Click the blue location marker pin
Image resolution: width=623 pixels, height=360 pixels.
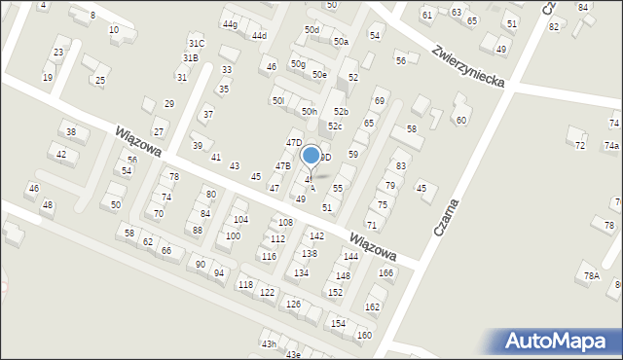pos(311,156)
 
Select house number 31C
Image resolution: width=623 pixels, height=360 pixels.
pos(196,44)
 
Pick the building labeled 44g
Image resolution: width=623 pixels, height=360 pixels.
pos(229,24)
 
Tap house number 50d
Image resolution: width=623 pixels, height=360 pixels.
pos(311,30)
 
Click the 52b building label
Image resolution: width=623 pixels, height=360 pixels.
pos(341,112)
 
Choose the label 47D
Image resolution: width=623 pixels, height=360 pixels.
pos(293,143)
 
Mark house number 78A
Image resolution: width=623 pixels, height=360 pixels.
pos(591,276)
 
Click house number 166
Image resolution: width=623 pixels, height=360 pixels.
pos(385,273)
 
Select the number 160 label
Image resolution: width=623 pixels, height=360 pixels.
pos(364,336)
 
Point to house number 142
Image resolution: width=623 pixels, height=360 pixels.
pos(316,236)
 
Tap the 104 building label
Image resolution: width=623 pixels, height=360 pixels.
pos(240,220)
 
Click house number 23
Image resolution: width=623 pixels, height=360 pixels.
pos(58,53)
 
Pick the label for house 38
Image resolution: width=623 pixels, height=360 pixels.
pos(70,132)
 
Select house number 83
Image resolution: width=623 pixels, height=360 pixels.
pos(400,167)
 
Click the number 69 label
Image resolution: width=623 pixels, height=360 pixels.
pos(380,101)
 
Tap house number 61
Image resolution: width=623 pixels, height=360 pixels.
pos(426,15)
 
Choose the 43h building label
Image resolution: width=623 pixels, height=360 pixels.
pos(268,344)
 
